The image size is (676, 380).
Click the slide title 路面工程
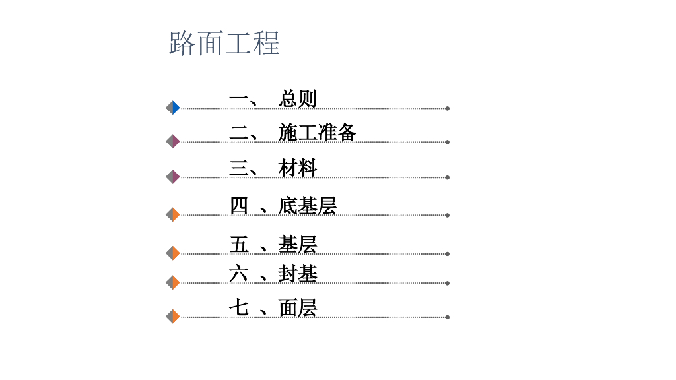[x=224, y=43]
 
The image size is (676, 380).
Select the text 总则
[x=298, y=99]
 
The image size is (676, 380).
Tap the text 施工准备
[x=318, y=133]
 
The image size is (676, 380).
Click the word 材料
[x=298, y=168]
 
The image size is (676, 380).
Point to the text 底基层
[x=308, y=206]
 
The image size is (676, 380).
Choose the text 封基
[x=298, y=273]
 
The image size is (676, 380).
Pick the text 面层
[x=298, y=307]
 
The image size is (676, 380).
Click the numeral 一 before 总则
[x=238, y=99]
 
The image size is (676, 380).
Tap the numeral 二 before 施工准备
[x=238, y=133]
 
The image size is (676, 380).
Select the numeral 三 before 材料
[x=238, y=168]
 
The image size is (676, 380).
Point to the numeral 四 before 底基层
[x=238, y=206]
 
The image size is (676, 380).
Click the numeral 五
[x=238, y=245]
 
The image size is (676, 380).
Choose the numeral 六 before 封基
[x=238, y=273]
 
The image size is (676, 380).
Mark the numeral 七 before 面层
[x=238, y=307]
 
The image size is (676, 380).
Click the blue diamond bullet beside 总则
[x=173, y=108]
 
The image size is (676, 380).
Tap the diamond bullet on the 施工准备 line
[x=173, y=141]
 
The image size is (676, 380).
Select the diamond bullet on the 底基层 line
[x=173, y=214]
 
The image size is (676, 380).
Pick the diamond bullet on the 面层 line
[x=173, y=317]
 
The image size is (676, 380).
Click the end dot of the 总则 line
[x=448, y=108]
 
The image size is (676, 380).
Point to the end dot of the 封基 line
[x=448, y=283]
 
